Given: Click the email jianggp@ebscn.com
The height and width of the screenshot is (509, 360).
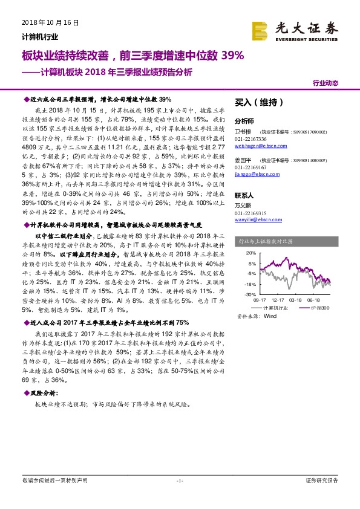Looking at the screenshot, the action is tap(255, 174).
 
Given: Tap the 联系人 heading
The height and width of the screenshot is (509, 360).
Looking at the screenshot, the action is tap(244, 196).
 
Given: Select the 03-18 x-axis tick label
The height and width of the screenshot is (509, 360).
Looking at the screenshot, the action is tap(295, 299).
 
